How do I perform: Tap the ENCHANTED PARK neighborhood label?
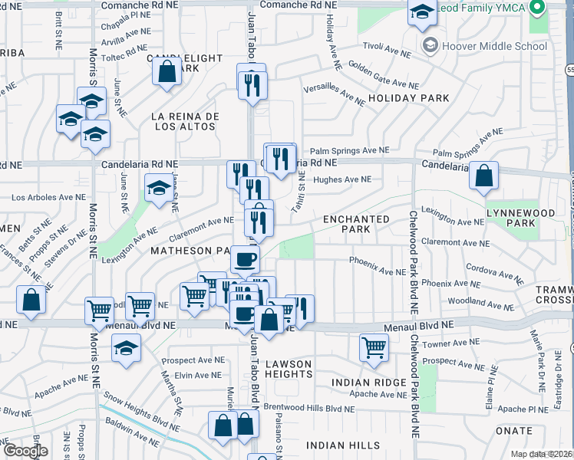[x=356, y=224]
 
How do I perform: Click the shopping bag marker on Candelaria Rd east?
[x=484, y=176]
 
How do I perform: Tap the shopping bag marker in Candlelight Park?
[x=166, y=72]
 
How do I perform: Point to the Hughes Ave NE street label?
[x=342, y=180]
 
